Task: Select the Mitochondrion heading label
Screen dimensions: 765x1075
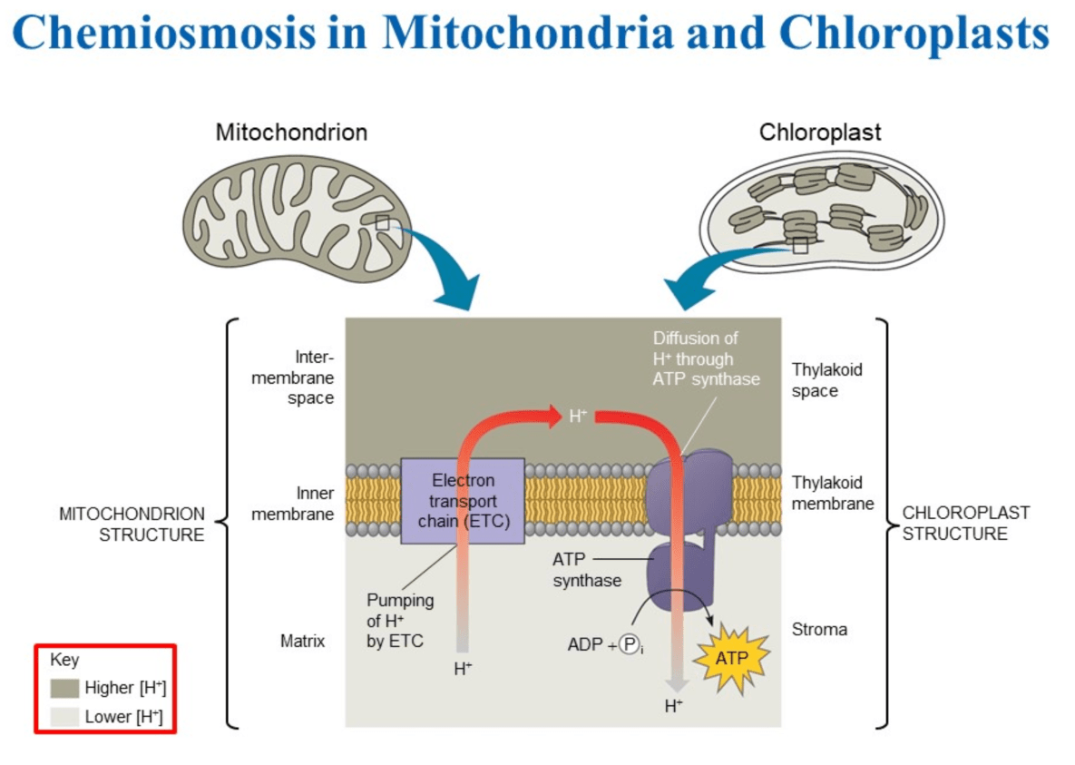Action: [x=291, y=132]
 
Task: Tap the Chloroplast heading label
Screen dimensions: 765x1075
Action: [x=820, y=132]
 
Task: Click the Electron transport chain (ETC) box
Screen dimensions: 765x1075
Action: [x=463, y=501]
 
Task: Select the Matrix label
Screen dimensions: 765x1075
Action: [x=302, y=642]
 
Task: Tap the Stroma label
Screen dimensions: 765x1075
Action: [x=819, y=629]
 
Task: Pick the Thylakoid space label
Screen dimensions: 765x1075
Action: [x=826, y=380]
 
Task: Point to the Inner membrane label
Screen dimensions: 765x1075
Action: [x=292, y=504]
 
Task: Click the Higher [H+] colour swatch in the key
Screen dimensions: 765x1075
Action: [x=65, y=687]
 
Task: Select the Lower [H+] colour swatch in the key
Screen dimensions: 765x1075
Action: [x=65, y=716]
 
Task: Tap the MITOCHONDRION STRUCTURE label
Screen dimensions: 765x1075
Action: [x=132, y=524]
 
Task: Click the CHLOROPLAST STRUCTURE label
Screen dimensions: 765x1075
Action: [x=965, y=524]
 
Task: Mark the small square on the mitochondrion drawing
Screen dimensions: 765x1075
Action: [x=382, y=221]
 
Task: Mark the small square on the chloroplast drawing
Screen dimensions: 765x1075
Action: [x=799, y=245]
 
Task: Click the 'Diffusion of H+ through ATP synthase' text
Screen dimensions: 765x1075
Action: [x=706, y=358]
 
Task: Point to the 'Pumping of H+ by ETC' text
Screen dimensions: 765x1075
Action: [x=400, y=621]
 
